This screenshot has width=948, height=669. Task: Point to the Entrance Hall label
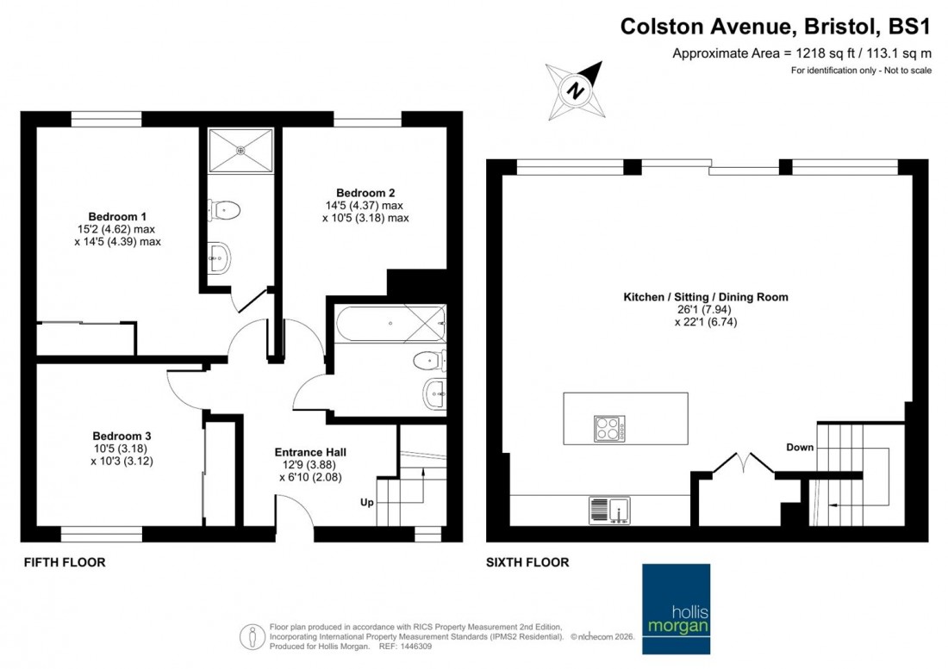pyautogui.click(x=310, y=452)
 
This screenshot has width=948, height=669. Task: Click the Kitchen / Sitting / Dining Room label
pyautogui.click(x=706, y=297)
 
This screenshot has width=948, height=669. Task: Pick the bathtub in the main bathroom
pyautogui.click(x=388, y=324)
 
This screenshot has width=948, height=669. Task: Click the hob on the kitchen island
pyautogui.click(x=609, y=428)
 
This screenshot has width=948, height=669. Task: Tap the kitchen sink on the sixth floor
pyautogui.click(x=609, y=511)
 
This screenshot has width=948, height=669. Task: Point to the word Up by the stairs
pyautogui.click(x=366, y=502)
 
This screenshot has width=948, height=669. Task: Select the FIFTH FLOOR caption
pyautogui.click(x=63, y=562)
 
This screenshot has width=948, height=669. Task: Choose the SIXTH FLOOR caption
pyautogui.click(x=527, y=562)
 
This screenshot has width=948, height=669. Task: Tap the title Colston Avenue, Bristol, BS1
pyautogui.click(x=776, y=27)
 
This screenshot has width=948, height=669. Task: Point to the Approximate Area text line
pyautogui.click(x=801, y=53)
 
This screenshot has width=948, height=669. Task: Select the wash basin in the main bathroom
pyautogui.click(x=435, y=394)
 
